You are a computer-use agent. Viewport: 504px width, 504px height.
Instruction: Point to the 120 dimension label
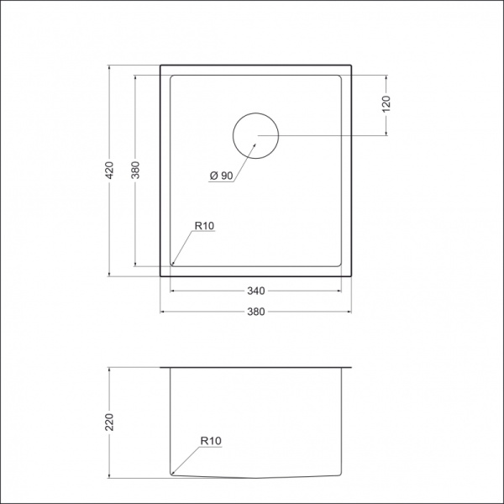386,105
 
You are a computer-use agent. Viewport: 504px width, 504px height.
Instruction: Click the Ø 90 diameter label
221,175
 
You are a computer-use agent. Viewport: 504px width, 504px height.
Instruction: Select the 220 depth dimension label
108,421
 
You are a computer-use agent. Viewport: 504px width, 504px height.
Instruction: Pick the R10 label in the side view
209,440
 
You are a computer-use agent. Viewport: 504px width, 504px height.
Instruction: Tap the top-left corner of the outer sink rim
160,64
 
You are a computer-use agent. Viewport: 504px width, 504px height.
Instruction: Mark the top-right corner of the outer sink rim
351,64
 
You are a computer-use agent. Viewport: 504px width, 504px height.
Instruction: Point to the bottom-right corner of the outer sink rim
351,276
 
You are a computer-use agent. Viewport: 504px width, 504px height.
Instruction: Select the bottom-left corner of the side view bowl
172,474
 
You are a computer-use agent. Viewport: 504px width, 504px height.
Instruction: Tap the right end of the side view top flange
350,368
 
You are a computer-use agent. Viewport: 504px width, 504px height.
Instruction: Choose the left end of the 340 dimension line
171,291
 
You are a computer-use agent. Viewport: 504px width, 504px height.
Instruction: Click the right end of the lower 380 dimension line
351,312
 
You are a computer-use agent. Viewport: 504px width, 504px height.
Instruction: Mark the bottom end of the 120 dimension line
386,135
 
